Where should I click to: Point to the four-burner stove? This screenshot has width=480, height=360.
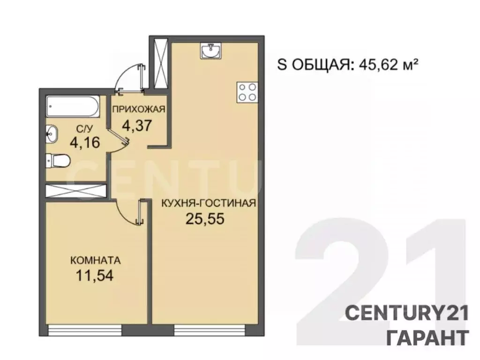tap(247, 92)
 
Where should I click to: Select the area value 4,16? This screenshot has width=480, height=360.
tap(85, 141)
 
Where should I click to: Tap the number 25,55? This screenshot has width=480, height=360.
tap(203, 219)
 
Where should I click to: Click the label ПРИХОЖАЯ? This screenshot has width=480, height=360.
tap(138, 110)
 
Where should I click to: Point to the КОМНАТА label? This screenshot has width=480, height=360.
tap(96, 260)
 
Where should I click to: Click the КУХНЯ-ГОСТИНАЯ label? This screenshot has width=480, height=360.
tap(208, 203)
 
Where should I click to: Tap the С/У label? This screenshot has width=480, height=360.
tap(85, 127)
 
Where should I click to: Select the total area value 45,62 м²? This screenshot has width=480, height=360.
tap(388, 65)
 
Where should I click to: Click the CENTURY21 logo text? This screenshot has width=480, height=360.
tap(407, 313)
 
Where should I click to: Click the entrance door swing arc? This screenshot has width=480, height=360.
tap(129, 75)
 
